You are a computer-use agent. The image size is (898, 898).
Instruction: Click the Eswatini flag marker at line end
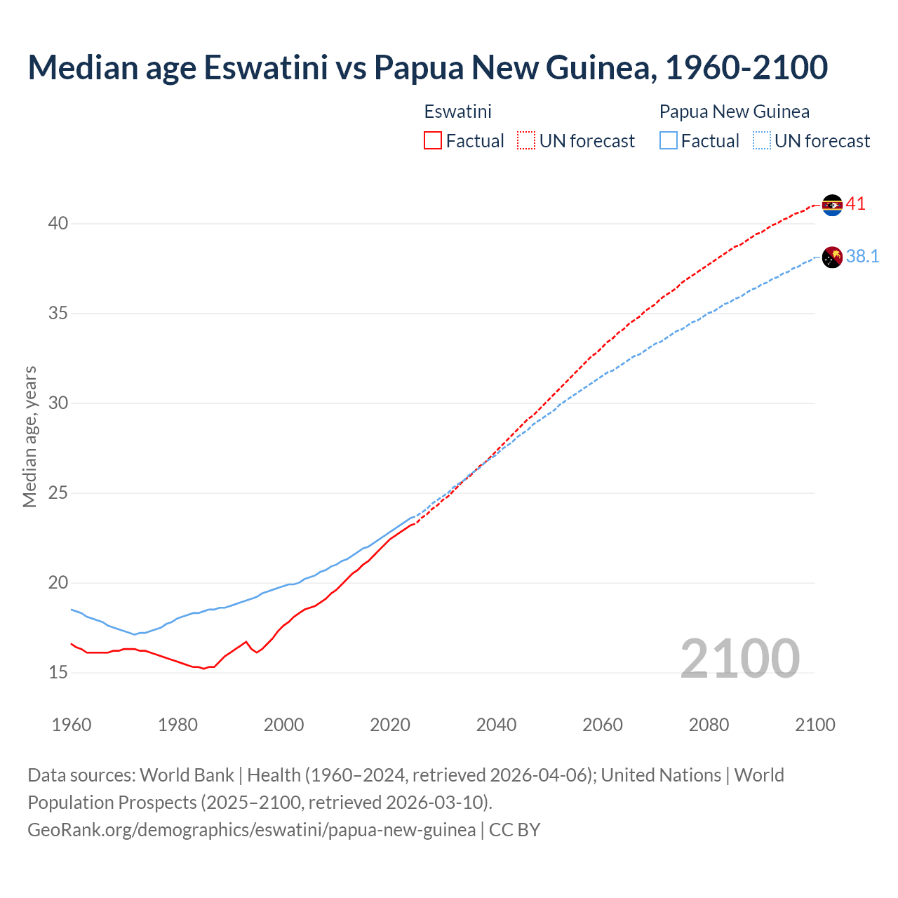(x=832, y=205)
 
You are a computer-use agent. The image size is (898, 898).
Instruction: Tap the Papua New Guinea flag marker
(x=832, y=257)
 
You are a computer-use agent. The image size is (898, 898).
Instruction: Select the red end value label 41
(x=856, y=204)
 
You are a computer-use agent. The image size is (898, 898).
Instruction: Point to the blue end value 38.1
(x=862, y=257)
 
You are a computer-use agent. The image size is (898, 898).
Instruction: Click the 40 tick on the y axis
(x=58, y=224)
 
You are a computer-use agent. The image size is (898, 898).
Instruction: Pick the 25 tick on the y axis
(x=58, y=493)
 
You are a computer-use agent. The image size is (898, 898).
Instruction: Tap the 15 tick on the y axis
(x=58, y=673)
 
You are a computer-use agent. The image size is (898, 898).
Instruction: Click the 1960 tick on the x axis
(x=72, y=725)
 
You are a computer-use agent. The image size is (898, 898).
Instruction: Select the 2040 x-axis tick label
(x=497, y=725)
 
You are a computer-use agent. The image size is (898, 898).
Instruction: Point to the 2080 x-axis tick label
(x=709, y=725)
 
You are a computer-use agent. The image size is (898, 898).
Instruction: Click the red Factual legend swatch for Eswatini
(x=433, y=141)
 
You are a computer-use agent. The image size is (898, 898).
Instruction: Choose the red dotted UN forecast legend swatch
(x=526, y=141)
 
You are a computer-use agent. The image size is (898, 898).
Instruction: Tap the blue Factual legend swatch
(x=668, y=141)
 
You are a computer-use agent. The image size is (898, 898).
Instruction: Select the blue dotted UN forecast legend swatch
(x=761, y=141)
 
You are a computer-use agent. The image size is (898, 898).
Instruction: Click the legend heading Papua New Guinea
(x=734, y=112)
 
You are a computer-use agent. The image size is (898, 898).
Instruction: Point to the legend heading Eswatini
(x=457, y=112)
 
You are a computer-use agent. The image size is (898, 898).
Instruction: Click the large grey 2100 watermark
(x=739, y=658)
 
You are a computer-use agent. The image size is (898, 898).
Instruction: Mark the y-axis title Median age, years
(x=29, y=436)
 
